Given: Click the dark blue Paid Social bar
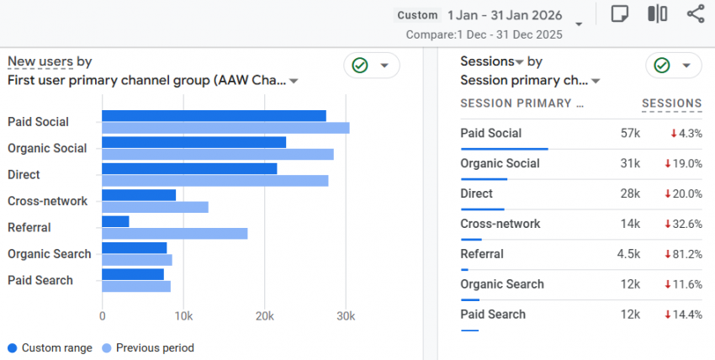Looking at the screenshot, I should coord(214,116).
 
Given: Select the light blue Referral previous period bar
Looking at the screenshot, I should coord(174,233).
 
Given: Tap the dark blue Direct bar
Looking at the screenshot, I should coord(189,168).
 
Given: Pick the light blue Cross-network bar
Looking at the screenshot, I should coord(155,207).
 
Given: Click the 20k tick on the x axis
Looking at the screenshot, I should coord(265,315).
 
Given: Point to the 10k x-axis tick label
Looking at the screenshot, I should coord(183,315).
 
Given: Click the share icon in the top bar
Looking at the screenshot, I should coord(696,14).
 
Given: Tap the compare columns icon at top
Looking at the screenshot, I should coord(658,14).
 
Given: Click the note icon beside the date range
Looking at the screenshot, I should coord(620,14).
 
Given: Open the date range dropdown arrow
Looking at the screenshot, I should coord(579,24).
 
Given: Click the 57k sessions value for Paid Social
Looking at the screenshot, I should coord(630,133).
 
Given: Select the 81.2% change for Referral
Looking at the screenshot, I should coord(686,254).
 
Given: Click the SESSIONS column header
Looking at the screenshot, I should coord(671,103).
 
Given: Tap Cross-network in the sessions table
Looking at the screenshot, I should coord(500,224).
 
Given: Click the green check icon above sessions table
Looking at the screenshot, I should coord(662,66).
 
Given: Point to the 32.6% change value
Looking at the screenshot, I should coord(686,224).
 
